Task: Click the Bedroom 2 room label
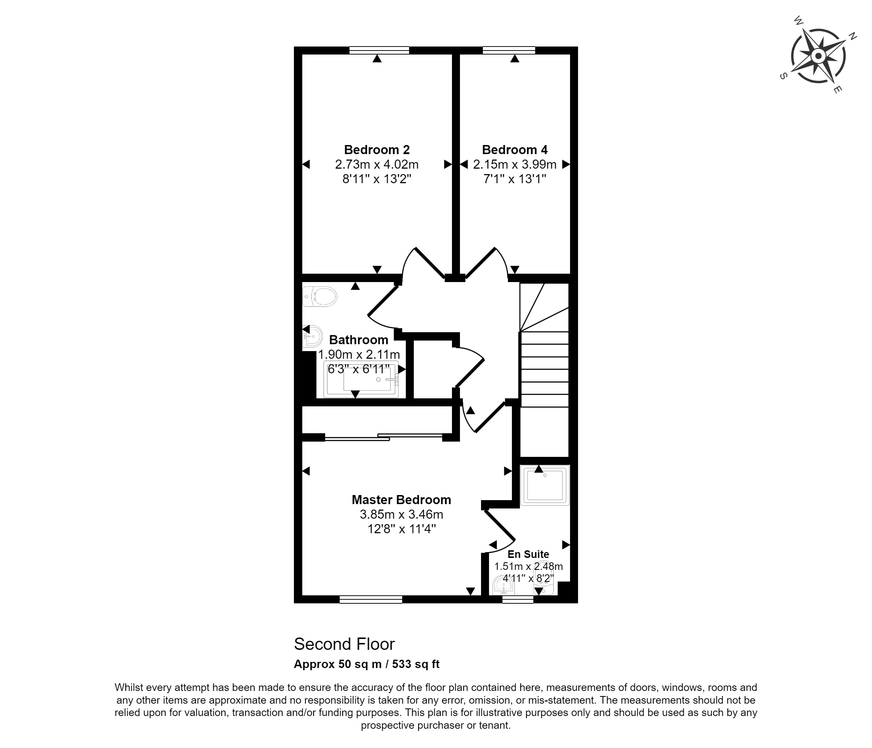377,149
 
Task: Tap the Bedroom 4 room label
515,149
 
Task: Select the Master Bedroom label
401,500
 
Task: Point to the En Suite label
528,554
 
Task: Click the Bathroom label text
359,340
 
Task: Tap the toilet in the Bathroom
320,296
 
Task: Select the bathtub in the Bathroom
361,379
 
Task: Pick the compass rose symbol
818,56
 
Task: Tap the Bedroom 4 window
509,51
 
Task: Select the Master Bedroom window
371,599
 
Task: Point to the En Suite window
518,599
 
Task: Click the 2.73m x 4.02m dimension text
377,164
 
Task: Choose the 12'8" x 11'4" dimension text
401,529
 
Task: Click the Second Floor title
344,644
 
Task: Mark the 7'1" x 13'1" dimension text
515,179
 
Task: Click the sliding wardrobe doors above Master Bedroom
383,437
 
